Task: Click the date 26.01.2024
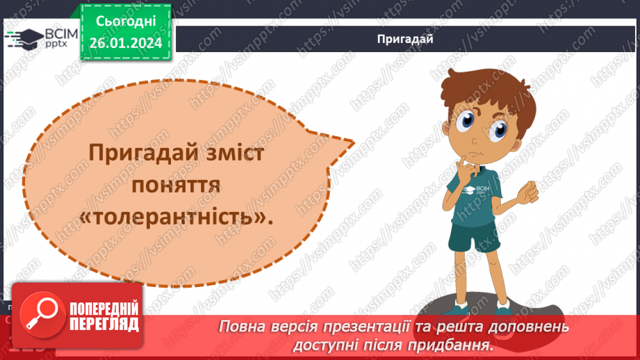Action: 125,44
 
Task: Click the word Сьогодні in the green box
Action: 125,23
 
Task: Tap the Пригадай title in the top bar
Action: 405,39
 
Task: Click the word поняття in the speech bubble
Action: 177,186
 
